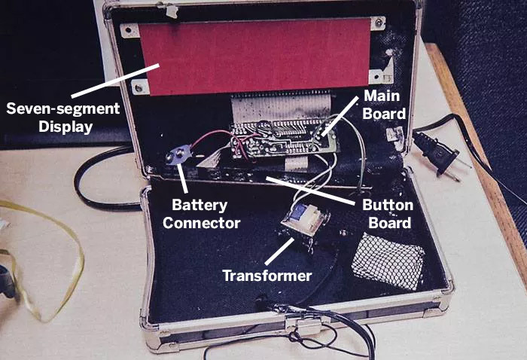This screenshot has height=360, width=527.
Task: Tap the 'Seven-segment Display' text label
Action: click(63, 117)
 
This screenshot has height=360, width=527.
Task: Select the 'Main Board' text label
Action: click(385, 105)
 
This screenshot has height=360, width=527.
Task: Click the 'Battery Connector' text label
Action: click(206, 214)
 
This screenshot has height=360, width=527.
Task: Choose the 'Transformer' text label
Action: click(267, 276)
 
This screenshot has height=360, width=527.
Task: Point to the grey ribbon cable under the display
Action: click(279, 109)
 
